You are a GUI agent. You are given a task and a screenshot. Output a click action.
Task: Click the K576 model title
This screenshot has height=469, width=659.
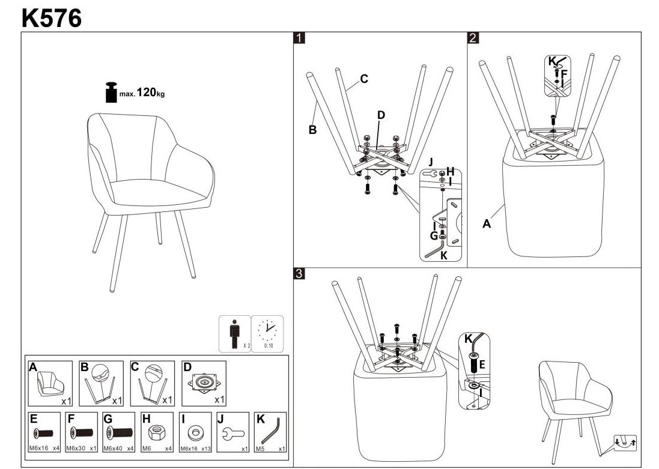[x=52, y=17]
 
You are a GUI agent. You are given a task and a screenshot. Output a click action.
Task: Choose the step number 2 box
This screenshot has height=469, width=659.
[x=473, y=38]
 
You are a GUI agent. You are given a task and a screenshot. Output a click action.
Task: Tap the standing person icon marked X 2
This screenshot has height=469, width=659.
[x=234, y=334]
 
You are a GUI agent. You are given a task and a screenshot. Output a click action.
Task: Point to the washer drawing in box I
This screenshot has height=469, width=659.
[x=195, y=432]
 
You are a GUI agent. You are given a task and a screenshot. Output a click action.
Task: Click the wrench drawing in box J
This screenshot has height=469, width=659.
[x=234, y=432]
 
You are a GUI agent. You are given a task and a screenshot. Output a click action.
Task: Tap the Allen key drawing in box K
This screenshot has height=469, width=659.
[x=272, y=431]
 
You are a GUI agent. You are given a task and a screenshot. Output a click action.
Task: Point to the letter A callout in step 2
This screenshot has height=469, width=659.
[x=487, y=224]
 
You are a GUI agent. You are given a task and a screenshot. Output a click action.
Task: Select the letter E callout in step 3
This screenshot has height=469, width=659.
[x=481, y=363]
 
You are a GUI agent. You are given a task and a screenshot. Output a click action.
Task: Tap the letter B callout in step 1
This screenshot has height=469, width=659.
[x=312, y=129]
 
